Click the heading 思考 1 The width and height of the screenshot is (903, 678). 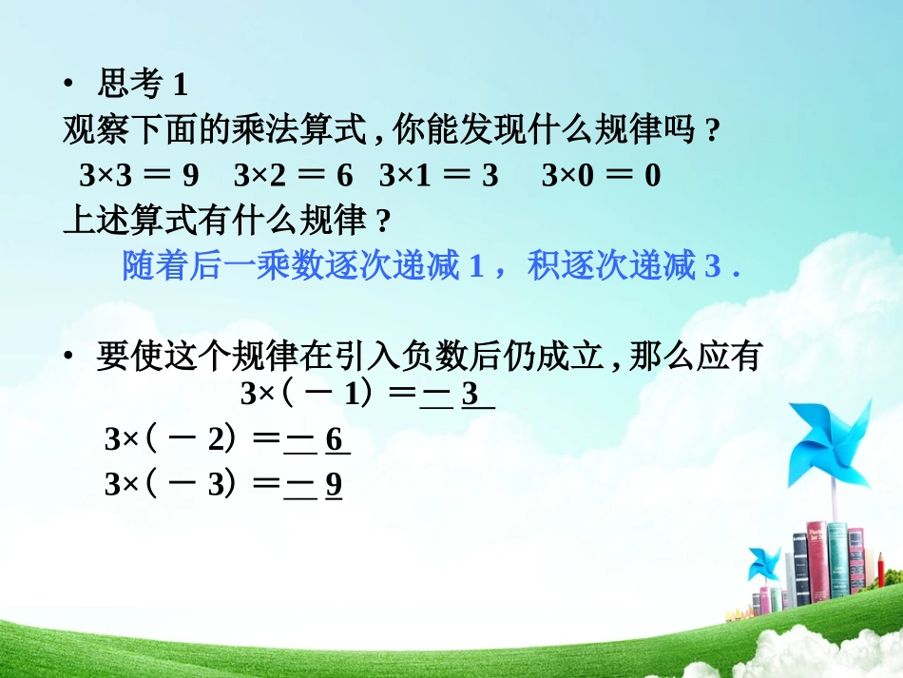coord(143,86)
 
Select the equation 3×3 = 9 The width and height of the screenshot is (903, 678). coord(140,176)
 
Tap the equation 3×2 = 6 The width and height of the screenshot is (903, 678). coord(293,176)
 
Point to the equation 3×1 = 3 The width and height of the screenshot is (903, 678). coord(438,176)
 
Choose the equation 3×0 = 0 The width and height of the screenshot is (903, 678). coord(601,176)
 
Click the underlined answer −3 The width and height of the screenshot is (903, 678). coord(457,395)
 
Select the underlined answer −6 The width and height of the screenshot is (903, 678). coord(317,440)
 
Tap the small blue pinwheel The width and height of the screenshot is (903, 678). coord(762,562)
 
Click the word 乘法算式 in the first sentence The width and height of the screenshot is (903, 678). coord(264,131)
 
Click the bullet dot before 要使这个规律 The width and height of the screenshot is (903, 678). coord(68,358)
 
